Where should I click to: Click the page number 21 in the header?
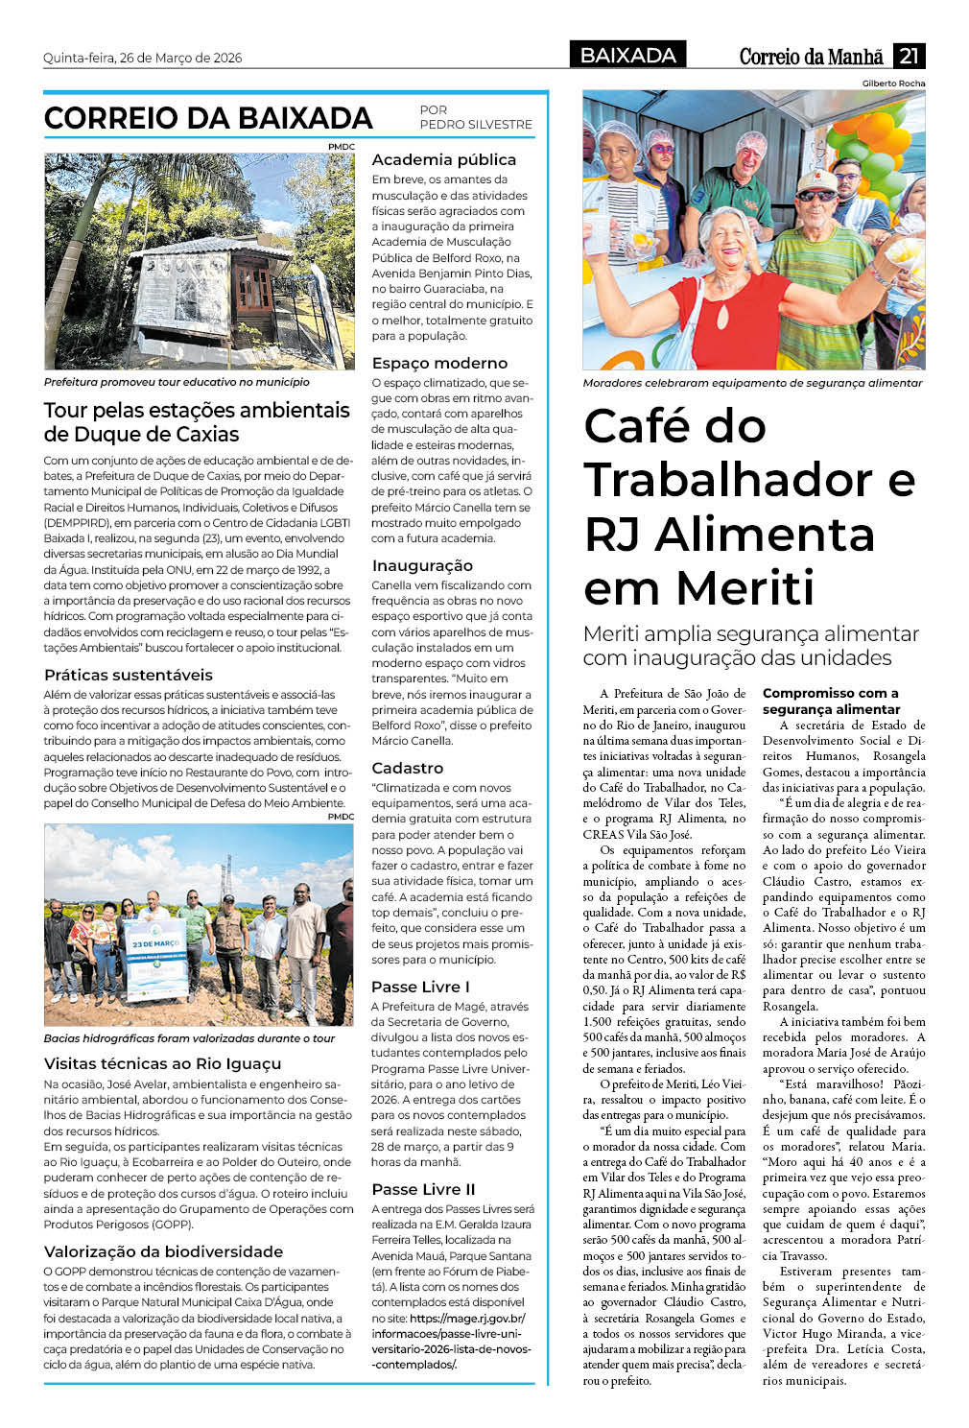(x=909, y=56)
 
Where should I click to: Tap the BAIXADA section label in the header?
(x=628, y=56)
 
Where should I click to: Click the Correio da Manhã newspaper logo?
(x=811, y=57)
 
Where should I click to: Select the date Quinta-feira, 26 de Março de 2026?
(x=142, y=58)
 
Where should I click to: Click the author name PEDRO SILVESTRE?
(x=476, y=125)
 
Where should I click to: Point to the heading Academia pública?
(x=443, y=160)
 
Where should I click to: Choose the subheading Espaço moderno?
(x=439, y=364)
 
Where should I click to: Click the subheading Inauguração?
(x=422, y=566)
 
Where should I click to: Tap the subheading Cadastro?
(x=408, y=769)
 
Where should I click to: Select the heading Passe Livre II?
(x=423, y=1190)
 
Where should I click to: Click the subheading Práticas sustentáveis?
(x=129, y=676)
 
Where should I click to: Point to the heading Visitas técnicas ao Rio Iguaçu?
(x=162, y=1064)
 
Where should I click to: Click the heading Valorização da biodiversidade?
(x=163, y=1252)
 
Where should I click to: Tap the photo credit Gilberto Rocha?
(x=893, y=83)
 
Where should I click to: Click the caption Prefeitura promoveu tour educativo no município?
(x=177, y=382)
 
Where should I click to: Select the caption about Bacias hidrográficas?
(x=189, y=1038)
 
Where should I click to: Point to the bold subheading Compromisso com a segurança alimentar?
(x=831, y=702)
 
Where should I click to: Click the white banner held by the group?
(x=156, y=960)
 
